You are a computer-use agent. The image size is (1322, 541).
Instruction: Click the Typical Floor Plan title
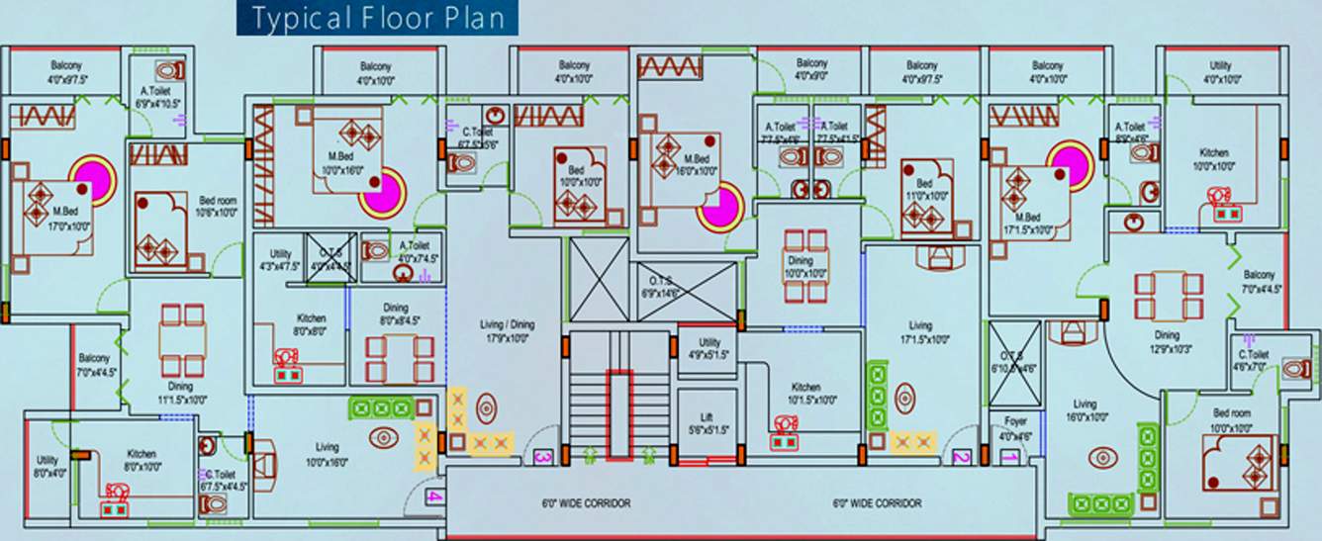pos(377,19)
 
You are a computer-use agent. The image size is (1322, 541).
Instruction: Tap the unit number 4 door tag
pos(436,497)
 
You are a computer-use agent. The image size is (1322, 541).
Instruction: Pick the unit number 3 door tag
pos(541,458)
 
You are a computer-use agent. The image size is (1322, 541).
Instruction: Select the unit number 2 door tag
pos(961,457)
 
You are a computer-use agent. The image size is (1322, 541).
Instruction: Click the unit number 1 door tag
pos(1009,457)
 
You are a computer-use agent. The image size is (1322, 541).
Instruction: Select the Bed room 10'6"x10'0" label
pos(217,205)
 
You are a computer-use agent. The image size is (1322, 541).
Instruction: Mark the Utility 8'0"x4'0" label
pos(47,467)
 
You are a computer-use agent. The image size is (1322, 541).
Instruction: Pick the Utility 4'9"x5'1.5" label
pos(709,348)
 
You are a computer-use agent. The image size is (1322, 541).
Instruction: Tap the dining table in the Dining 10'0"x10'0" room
pos(804,264)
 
